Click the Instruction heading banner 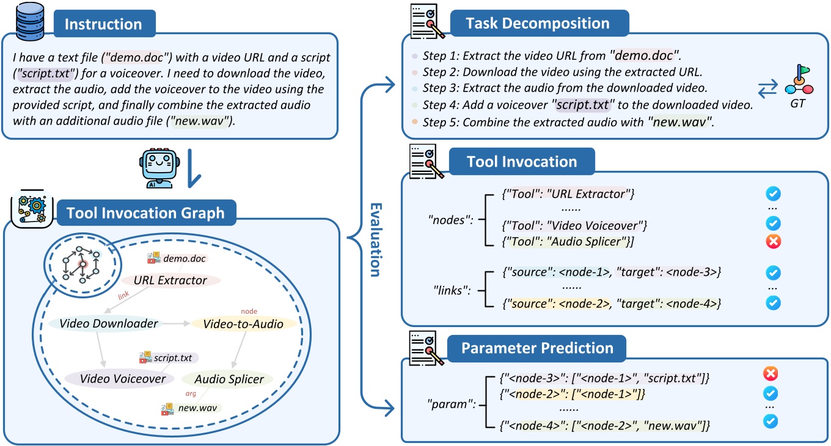point(103,25)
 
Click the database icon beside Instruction point(25,21)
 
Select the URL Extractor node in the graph point(169,281)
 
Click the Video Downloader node point(109,324)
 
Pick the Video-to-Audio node point(244,324)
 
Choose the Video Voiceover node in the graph point(115,379)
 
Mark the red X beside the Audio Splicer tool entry point(773,242)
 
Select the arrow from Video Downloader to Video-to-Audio point(177,324)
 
